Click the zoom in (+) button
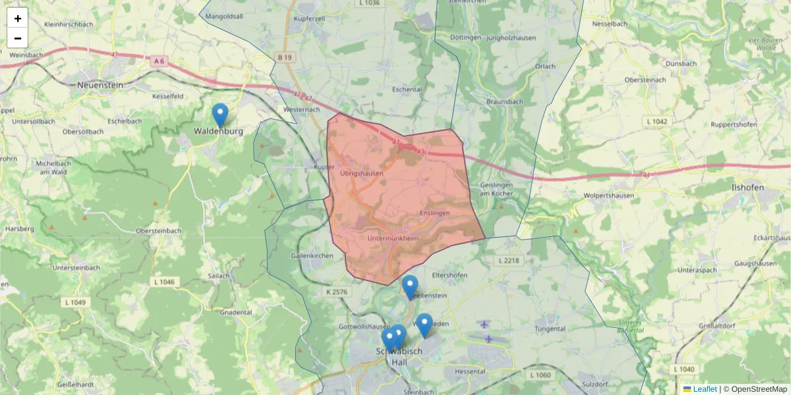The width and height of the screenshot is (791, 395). pyautogui.click(x=18, y=18)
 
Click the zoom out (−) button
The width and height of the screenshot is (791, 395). pyautogui.click(x=18, y=38)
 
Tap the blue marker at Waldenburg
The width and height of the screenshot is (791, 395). pyautogui.click(x=220, y=115)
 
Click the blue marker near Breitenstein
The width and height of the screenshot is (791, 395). pyautogui.click(x=410, y=287)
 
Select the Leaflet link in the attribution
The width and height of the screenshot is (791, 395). pyautogui.click(x=704, y=389)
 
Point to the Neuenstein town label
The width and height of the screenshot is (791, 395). pyautogui.click(x=101, y=85)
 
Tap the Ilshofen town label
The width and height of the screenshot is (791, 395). pyautogui.click(x=747, y=187)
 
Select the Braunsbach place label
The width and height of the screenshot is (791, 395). pyautogui.click(x=504, y=102)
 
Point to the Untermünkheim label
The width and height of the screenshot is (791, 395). pyautogui.click(x=393, y=238)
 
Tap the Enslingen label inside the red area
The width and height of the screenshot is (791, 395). pyautogui.click(x=434, y=213)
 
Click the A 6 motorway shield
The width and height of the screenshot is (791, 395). pyautogui.click(x=158, y=61)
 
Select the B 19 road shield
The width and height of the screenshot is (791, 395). pyautogui.click(x=284, y=58)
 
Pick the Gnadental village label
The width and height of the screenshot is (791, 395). pyautogui.click(x=236, y=312)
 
